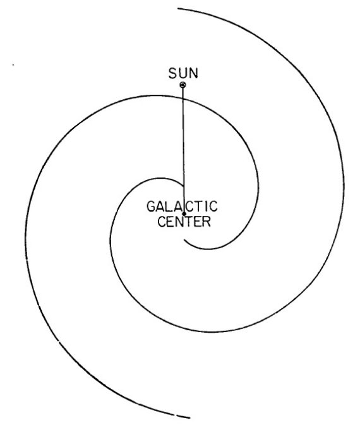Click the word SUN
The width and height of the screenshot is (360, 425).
tap(183, 73)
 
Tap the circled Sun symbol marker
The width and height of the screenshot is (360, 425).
tap(183, 85)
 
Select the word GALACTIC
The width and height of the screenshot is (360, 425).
tap(182, 207)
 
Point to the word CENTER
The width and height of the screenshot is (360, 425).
tap(184, 222)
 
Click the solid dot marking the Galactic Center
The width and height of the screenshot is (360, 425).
tap(184, 214)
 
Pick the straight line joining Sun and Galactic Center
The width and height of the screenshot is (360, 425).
tap(184, 150)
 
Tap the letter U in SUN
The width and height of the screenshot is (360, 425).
tap(183, 73)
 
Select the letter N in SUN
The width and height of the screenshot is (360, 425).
tap(194, 73)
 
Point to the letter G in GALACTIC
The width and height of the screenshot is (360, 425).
tap(151, 207)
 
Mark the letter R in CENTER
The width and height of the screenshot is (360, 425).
tap(207, 222)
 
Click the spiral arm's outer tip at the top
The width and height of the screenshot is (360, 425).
tap(178, 9)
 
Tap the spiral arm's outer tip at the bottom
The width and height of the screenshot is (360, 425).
tap(189, 417)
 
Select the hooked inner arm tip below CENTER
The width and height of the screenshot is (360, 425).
tap(184, 240)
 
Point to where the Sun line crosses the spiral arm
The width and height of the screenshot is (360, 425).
tap(183, 99)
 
